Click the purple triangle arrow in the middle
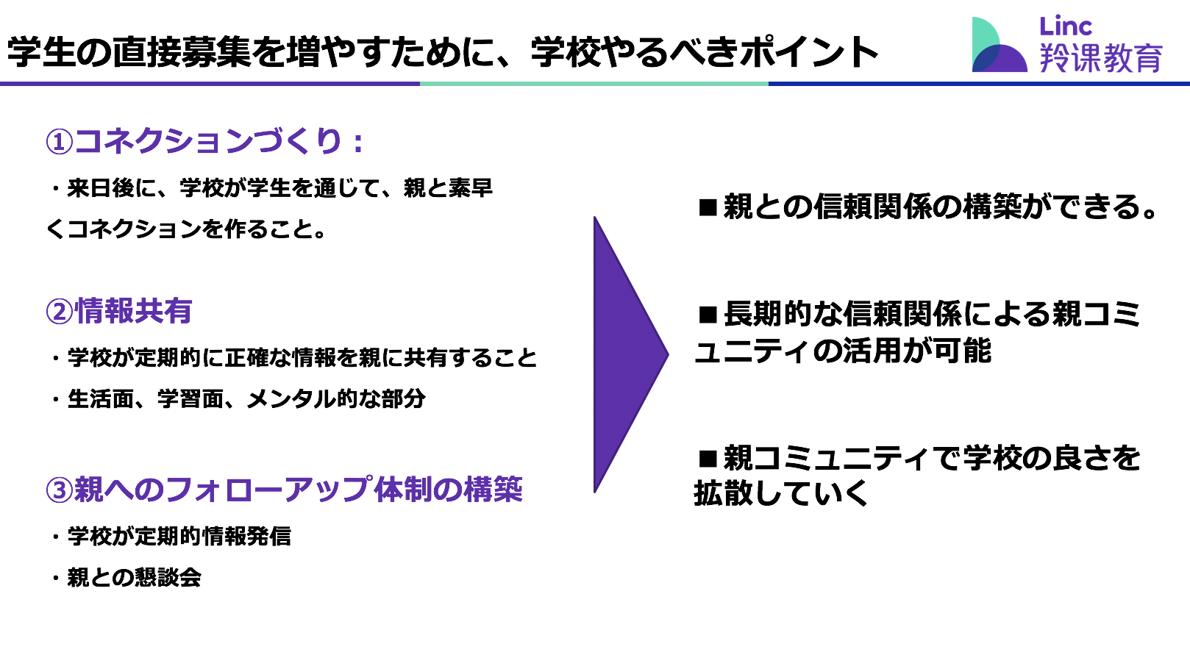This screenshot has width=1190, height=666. coord(627,354)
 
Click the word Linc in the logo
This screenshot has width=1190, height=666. coord(1065,26)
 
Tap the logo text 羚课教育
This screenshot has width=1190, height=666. coord(1101,57)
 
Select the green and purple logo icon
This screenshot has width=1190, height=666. coord(999,45)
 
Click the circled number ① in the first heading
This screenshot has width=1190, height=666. coord(59,143)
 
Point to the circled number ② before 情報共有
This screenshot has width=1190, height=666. coord(59,312)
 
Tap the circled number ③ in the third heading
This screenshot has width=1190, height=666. coord(59,490)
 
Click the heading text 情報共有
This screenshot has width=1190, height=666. coord(133,311)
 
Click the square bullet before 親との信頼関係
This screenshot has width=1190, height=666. coord(708,207)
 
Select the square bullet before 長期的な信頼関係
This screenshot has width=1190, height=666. coord(708,315)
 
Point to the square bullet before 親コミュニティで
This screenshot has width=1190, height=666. coord(708,458)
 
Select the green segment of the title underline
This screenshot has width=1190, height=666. coord(594,83)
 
